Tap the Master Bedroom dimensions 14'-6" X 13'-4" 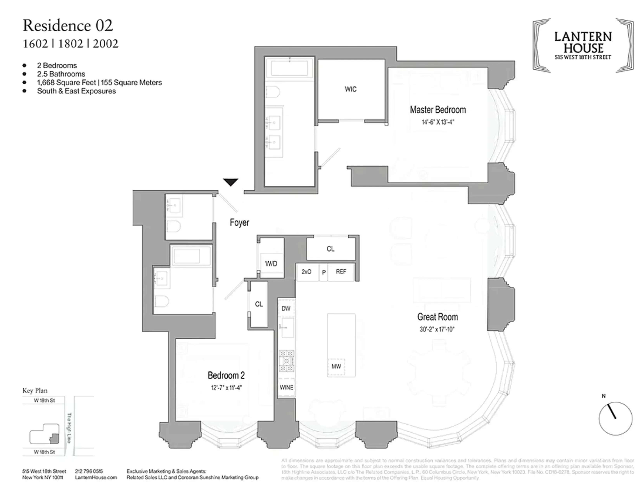(438, 122)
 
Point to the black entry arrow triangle (231, 182)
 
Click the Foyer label (239, 223)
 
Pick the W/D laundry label (271, 264)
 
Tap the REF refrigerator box (341, 272)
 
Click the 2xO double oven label (306, 272)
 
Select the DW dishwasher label (286, 308)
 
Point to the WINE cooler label (286, 387)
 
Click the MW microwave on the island (336, 366)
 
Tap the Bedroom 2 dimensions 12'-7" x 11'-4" (226, 388)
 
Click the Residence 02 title (68, 26)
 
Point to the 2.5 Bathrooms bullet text (61, 74)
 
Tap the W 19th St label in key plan (44, 401)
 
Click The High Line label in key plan (69, 428)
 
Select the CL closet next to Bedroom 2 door (259, 304)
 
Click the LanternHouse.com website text (96, 477)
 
